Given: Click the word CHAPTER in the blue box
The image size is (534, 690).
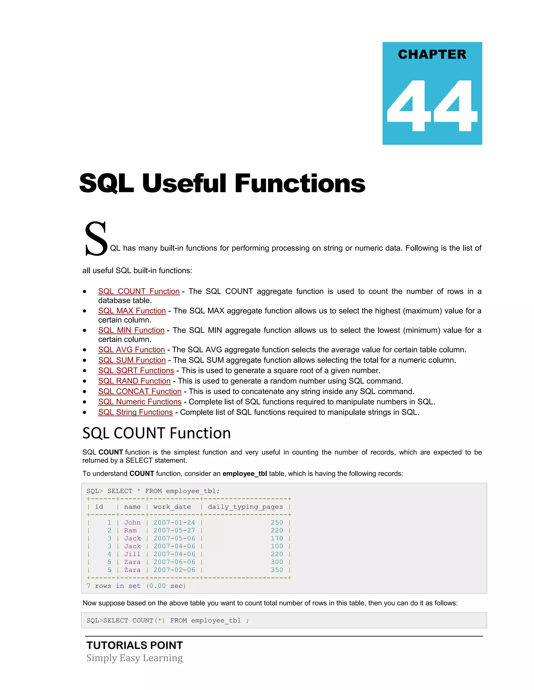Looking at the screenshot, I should point(432,54).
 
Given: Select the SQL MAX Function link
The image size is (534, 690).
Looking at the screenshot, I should point(132,311).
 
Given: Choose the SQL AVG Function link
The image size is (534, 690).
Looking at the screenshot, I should point(131,350).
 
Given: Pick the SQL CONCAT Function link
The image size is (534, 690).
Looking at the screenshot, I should point(139,391).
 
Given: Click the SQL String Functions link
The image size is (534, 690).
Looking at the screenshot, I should point(135,412).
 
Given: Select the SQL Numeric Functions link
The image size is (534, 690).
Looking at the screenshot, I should point(139,402).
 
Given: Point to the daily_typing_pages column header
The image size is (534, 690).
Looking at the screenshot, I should point(245,507).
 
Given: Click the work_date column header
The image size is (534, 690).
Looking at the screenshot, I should point(172,507).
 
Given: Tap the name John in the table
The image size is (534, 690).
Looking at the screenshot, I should point(132,523).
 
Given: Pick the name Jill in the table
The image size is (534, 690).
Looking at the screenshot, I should point(132,554).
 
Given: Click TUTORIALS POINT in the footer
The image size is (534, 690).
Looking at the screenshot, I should point(135,645).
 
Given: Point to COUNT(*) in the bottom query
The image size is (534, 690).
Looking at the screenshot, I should point(148,620).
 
